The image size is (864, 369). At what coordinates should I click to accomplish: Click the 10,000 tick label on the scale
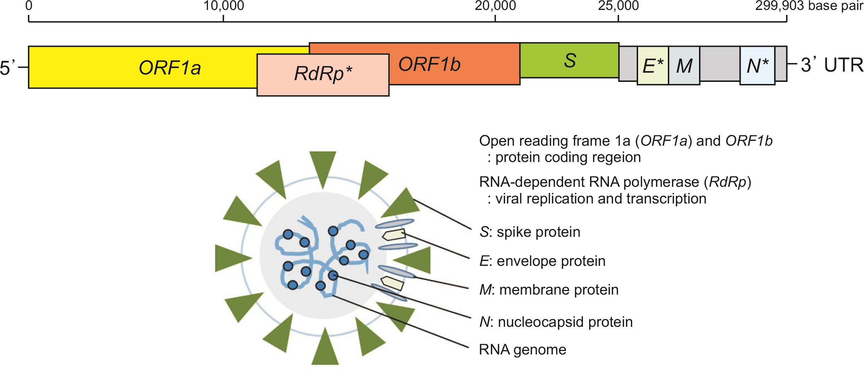[x=223, y=6]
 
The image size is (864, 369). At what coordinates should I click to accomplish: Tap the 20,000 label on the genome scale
[x=495, y=6]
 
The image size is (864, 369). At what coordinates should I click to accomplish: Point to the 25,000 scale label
[x=618, y=6]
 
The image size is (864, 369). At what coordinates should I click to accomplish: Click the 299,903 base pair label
[x=809, y=6]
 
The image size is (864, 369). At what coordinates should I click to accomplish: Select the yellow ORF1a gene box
[x=142, y=67]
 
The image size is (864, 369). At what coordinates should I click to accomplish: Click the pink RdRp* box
[x=323, y=74]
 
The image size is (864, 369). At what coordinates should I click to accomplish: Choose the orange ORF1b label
[x=429, y=65]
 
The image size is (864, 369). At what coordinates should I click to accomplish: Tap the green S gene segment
[x=569, y=60]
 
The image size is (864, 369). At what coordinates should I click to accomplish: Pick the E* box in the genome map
[x=653, y=66]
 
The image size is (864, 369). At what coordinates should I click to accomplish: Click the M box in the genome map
[x=684, y=66]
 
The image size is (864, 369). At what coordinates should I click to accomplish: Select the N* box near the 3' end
[x=757, y=66]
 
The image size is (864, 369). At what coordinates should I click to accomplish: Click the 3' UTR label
[x=832, y=65]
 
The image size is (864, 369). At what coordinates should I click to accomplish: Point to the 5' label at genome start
[x=8, y=67]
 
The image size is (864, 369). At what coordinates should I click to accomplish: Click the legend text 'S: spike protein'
[x=530, y=232]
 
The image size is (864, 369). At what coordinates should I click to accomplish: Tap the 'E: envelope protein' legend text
[x=542, y=261]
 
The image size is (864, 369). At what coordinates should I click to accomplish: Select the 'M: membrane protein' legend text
[x=549, y=290]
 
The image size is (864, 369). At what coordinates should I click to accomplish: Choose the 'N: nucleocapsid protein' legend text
[x=556, y=322]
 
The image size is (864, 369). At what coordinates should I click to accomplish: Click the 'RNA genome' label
[x=522, y=350]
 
